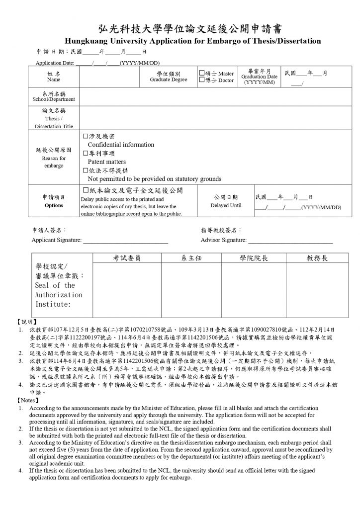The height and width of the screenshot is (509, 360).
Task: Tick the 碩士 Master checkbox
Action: (x=202, y=73)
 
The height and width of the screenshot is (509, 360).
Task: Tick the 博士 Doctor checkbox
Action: (x=202, y=80)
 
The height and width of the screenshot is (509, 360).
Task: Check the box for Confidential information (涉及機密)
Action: (x=85, y=136)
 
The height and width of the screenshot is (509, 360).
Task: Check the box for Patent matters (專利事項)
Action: (x=85, y=154)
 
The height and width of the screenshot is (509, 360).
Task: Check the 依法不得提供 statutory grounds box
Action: (x=85, y=170)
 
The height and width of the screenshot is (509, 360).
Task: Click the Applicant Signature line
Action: (x=125, y=241)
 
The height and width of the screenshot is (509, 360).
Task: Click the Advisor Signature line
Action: (x=290, y=241)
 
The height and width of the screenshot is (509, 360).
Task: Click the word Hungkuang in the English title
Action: (x=89, y=40)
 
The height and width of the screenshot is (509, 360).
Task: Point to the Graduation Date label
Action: (x=259, y=77)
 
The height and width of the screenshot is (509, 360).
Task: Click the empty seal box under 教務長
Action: (x=317, y=289)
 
